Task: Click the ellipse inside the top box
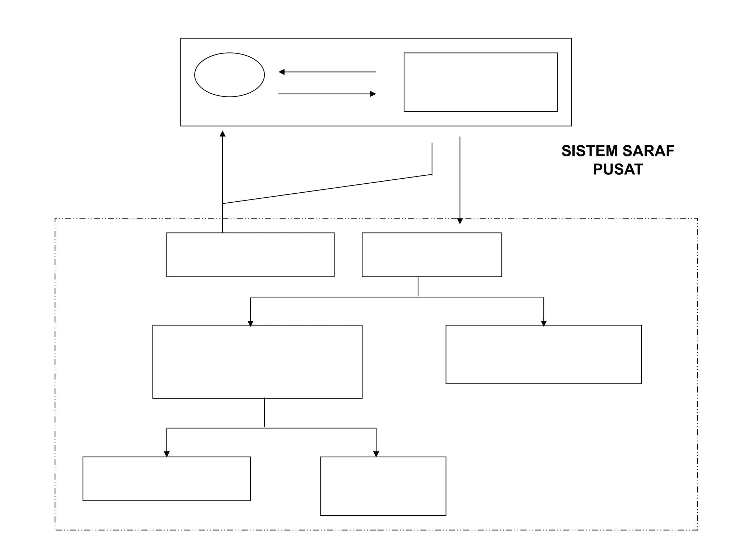[229, 75]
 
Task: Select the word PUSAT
[618, 169]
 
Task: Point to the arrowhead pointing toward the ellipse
[282, 72]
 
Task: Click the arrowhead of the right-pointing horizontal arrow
[373, 94]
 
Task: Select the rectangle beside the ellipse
[481, 82]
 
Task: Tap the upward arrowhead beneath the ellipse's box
[223, 134]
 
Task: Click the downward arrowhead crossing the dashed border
[460, 221]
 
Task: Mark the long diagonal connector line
[327, 189]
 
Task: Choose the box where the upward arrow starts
[250, 255]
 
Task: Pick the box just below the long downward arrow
[432, 255]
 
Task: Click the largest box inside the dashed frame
[257, 362]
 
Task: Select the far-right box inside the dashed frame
[543, 354]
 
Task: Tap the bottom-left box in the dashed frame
[167, 479]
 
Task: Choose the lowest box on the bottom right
[383, 486]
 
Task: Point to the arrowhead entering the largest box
[251, 323]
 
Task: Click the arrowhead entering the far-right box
[543, 323]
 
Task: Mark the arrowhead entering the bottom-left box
[167, 454]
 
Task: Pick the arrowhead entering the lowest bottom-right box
[376, 454]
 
